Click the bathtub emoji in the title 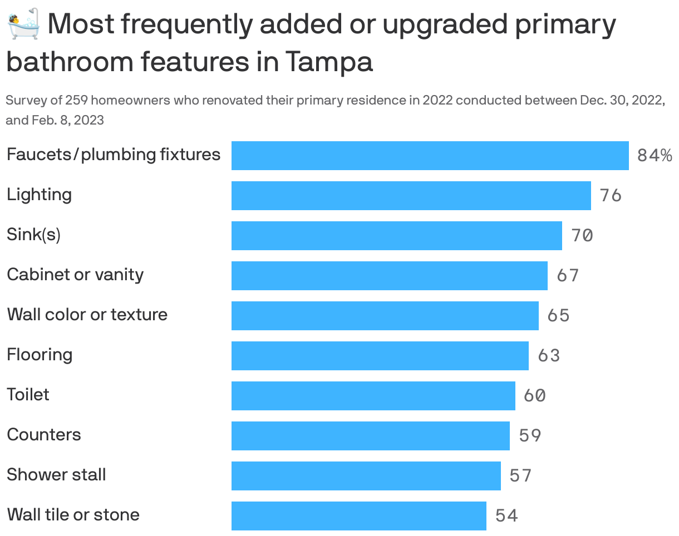(x=23, y=23)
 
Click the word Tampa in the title (x=329, y=62)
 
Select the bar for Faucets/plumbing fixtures (x=430, y=156)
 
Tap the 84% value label (x=655, y=156)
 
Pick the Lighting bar (x=411, y=196)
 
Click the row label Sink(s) (x=33, y=235)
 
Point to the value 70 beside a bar (x=582, y=236)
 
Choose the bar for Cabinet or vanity (x=389, y=276)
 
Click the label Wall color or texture (x=87, y=315)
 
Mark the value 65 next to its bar (x=558, y=316)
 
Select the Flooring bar (x=380, y=356)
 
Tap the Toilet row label (x=28, y=395)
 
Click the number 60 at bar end (x=534, y=396)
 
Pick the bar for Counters (x=370, y=436)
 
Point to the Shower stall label (x=56, y=475)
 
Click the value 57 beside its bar (x=520, y=476)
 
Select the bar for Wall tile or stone (x=358, y=516)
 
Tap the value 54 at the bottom (x=506, y=516)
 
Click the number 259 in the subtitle (x=75, y=101)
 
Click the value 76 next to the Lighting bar (x=610, y=196)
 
